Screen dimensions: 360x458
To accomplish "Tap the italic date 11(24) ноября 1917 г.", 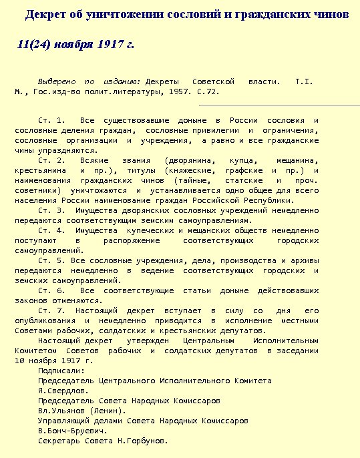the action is (x=76, y=45).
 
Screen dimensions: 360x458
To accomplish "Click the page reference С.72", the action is (x=208, y=91).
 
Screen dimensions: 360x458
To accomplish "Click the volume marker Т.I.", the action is (x=304, y=81).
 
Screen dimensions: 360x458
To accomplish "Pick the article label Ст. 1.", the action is (x=51, y=120).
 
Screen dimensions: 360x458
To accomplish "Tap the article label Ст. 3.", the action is (x=51, y=210).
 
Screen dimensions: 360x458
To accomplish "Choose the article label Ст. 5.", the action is (x=51, y=260).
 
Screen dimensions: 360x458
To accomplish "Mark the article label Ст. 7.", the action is (x=51, y=310).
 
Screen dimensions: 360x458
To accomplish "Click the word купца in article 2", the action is (x=241, y=161).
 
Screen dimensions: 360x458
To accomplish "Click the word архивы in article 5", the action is (x=305, y=260).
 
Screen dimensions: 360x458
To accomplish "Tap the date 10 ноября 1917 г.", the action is (x=54, y=361).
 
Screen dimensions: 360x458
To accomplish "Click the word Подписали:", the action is (x=61, y=371).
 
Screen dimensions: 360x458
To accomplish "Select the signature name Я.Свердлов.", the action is (x=63, y=391).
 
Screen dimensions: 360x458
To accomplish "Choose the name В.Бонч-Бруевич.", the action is (x=70, y=431).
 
